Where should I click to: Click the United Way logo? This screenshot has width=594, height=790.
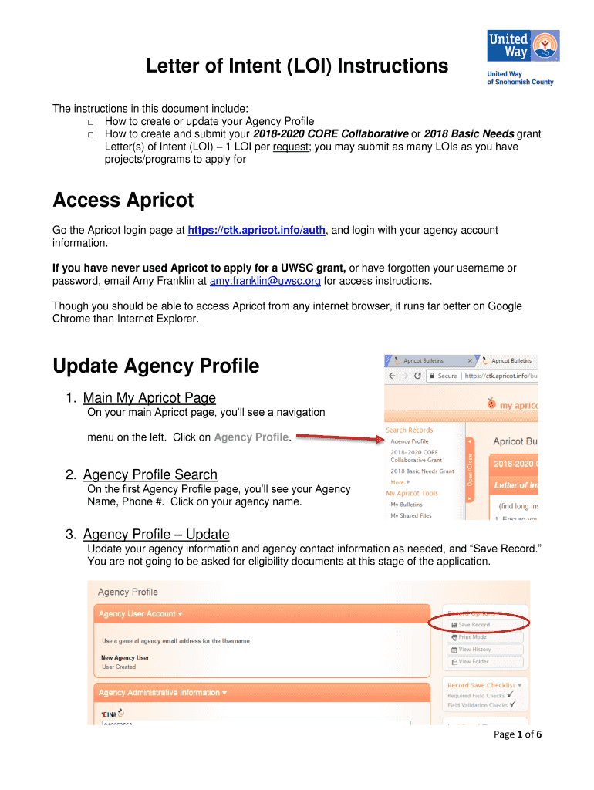[x=522, y=56]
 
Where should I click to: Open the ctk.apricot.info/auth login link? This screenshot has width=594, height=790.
[x=258, y=230]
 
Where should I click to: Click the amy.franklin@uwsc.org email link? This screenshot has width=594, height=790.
[x=265, y=281]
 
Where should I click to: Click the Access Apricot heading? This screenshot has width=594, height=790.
[x=123, y=201]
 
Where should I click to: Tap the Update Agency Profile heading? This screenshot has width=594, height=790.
[x=156, y=366]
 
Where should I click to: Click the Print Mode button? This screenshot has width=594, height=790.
[x=472, y=637]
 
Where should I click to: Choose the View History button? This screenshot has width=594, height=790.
[x=474, y=650]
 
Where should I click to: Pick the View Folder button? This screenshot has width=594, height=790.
[x=474, y=661]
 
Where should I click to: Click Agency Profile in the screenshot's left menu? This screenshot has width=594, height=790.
[x=409, y=441]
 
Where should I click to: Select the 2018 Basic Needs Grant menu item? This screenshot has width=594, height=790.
[x=422, y=471]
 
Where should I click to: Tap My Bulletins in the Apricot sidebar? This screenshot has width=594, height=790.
[x=407, y=505]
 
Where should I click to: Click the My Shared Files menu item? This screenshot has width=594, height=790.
[x=410, y=515]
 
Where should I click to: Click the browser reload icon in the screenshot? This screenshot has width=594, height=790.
[x=417, y=376]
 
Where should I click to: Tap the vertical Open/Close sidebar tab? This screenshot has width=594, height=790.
[x=471, y=470]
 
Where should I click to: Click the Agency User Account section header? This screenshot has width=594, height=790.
[x=140, y=614]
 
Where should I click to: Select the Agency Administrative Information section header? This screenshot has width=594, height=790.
[x=163, y=693]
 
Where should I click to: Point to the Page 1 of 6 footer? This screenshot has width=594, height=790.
[x=518, y=734]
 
